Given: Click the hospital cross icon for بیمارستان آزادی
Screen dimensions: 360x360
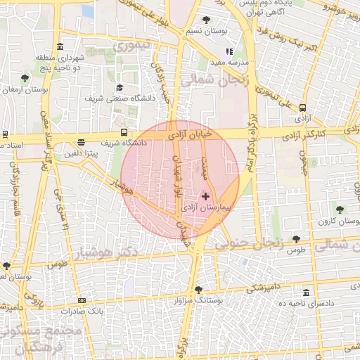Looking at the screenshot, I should click(205, 196).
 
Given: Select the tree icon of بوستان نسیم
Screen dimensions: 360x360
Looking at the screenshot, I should click(205, 20).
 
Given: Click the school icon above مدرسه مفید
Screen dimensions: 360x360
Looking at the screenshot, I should click(229, 51).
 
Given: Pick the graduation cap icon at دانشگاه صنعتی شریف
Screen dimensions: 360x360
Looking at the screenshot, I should click(120, 87).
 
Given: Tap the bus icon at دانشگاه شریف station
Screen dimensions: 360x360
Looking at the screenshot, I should click(124, 131).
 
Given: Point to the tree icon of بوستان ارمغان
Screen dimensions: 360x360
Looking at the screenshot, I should click(25, 78).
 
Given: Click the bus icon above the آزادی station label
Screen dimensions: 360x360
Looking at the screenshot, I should click(302, 108).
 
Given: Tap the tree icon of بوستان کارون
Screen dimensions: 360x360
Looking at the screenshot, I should click(340, 210).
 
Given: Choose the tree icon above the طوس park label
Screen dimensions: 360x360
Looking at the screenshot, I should click(296, 239).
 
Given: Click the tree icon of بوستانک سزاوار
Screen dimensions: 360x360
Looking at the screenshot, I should click(199, 289).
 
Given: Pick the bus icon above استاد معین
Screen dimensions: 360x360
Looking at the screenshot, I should click(4, 134).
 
